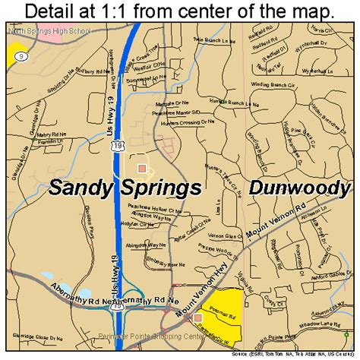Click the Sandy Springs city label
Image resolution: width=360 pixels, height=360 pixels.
click(125, 188)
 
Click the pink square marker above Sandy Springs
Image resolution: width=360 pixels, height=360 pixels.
click(142, 167)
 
